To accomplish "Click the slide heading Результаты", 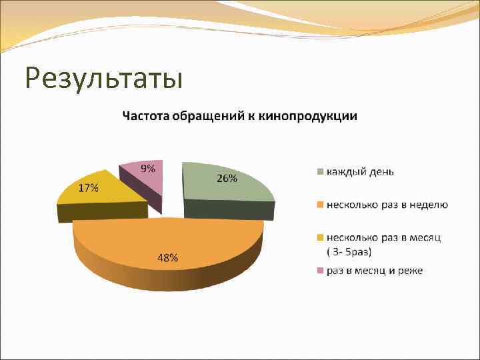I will pyautogui.click(x=103, y=78).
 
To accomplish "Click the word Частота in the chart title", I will pyautogui.click(x=144, y=116).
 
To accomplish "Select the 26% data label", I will pyautogui.click(x=227, y=178).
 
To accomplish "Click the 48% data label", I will pyautogui.click(x=167, y=257).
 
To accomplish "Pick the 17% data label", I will pyautogui.click(x=88, y=188).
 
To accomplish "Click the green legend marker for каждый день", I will pyautogui.click(x=320, y=171).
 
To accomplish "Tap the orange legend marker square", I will pyautogui.click(x=320, y=205).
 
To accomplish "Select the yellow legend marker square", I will pyautogui.click(x=320, y=237).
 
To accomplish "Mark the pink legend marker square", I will pyautogui.click(x=320, y=271).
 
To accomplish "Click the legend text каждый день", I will pyautogui.click(x=360, y=171).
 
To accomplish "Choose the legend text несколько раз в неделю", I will pyautogui.click(x=387, y=205).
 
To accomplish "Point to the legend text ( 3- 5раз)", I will pyautogui.click(x=353, y=251).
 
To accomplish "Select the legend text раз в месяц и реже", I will pyautogui.click(x=375, y=271).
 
